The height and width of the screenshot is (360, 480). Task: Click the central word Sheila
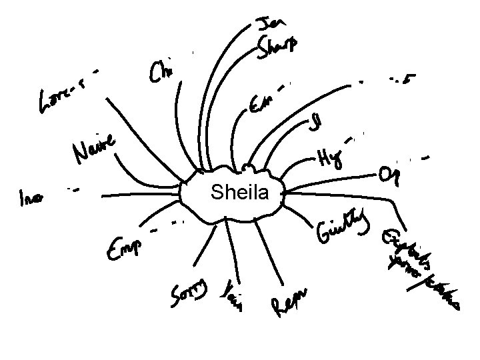point(239,193)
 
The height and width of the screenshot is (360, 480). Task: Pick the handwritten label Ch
point(161,72)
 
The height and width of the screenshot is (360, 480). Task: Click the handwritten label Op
point(387,175)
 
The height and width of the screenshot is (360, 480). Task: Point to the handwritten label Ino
point(31,197)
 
